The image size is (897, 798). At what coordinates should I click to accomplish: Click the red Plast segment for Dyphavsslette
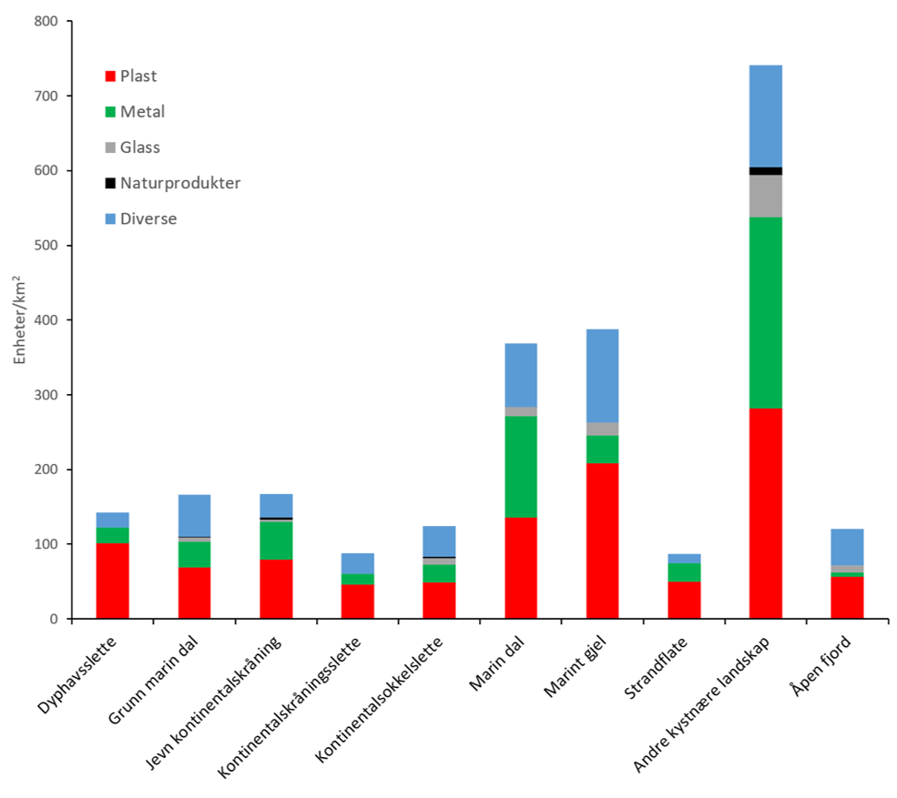pyautogui.click(x=112, y=581)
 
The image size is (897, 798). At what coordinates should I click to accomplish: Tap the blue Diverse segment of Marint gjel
pyautogui.click(x=602, y=376)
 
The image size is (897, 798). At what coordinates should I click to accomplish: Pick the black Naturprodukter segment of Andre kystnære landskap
pyautogui.click(x=765, y=171)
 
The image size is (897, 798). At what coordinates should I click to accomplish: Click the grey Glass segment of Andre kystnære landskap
pyautogui.click(x=765, y=196)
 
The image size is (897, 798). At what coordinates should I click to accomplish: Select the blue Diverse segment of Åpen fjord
pyautogui.click(x=847, y=547)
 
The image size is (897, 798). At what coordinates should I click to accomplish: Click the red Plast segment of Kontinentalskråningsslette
pyautogui.click(x=357, y=601)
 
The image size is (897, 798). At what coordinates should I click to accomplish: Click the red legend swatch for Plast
pyautogui.click(x=111, y=76)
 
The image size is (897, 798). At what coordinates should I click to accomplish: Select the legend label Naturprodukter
pyautogui.click(x=180, y=183)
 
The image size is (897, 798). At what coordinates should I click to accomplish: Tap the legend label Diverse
pyautogui.click(x=148, y=218)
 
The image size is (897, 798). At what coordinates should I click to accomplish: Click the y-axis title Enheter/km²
pyautogui.click(x=20, y=319)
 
